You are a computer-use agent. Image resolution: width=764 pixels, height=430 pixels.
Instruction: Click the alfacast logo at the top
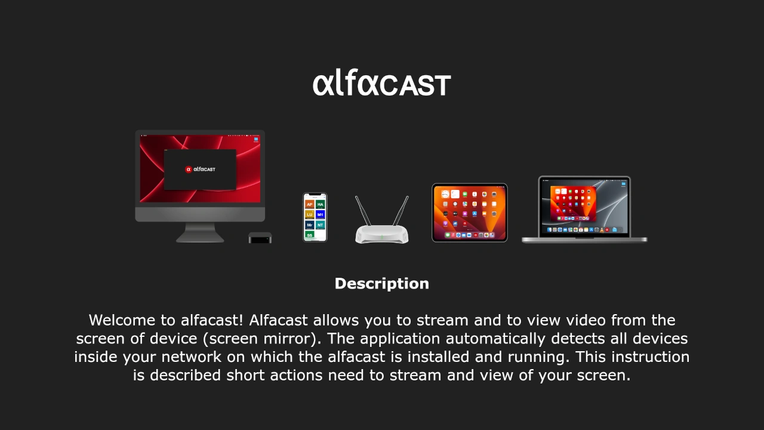click(x=381, y=84)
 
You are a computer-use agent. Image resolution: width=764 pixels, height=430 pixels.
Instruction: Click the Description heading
click(x=381, y=284)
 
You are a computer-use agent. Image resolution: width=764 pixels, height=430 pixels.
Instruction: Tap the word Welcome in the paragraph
click(x=125, y=320)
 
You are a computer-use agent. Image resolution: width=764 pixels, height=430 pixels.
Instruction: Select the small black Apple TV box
click(x=260, y=238)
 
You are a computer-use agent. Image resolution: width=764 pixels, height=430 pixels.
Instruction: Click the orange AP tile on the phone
click(x=309, y=204)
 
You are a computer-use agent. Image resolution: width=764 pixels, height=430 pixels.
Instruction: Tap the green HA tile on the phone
click(x=321, y=204)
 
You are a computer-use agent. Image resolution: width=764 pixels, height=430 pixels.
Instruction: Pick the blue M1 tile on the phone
click(x=321, y=214)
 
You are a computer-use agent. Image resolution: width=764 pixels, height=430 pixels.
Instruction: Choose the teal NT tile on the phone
click(x=321, y=225)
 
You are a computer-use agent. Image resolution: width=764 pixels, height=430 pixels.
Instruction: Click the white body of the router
click(x=382, y=234)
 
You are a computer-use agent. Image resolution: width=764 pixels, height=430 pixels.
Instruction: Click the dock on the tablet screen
click(x=469, y=235)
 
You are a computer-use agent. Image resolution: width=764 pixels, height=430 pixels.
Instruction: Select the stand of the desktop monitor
click(x=200, y=233)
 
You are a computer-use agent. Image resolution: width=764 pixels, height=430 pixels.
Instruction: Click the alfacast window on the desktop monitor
click(x=200, y=170)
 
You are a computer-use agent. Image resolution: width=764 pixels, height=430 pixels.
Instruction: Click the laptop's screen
click(x=584, y=206)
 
